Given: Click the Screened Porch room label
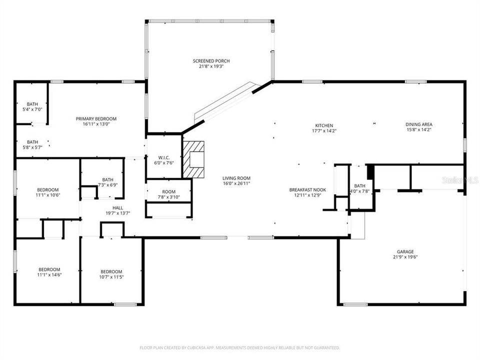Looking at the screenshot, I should click(211, 61).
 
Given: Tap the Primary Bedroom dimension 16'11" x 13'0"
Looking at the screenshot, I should click(96, 124).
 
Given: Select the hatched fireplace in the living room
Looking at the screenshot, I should click(193, 159).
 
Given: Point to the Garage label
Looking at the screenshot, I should click(405, 251).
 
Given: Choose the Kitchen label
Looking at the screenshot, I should click(323, 125).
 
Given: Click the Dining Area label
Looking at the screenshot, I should click(419, 124).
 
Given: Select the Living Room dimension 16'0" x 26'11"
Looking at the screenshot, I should click(236, 184).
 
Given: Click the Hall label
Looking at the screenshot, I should click(117, 207).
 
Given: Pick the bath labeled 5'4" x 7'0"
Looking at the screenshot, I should click(32, 106).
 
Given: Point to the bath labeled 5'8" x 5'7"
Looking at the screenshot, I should click(32, 144).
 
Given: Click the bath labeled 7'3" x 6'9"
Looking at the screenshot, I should click(107, 182).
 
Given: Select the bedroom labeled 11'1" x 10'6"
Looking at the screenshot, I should click(48, 192).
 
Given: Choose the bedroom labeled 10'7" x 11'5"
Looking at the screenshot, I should click(111, 274).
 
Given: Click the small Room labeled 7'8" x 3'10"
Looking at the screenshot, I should click(168, 194).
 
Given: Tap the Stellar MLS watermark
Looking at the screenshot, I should click(459, 179).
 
